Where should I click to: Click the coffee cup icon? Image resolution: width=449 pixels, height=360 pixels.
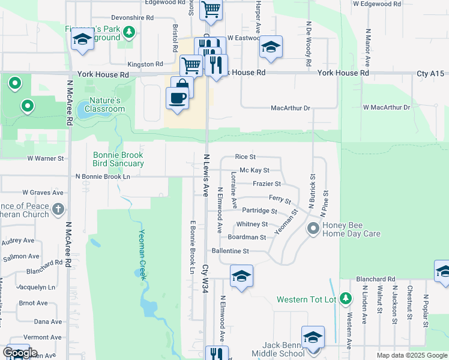[177, 98]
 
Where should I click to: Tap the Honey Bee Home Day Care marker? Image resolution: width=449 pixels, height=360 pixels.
[313, 228]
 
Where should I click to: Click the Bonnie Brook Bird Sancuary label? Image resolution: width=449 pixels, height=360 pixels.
[118, 159]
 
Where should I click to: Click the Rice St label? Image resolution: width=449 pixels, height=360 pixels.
[245, 157]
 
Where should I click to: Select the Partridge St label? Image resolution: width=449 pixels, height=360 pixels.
[259, 211]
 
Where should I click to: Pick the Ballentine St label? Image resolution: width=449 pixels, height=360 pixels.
[230, 251]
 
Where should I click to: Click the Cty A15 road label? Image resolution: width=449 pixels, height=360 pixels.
[431, 73]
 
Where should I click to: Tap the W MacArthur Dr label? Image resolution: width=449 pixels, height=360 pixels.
[386, 107]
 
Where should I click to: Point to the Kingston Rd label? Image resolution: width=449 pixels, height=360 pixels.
[145, 64]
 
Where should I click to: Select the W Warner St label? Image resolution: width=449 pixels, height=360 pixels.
[45, 159]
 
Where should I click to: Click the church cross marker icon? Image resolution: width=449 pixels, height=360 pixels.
[58, 209]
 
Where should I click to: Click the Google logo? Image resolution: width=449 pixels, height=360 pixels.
[20, 353]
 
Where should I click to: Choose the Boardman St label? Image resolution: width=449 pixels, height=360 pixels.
[247, 237]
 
